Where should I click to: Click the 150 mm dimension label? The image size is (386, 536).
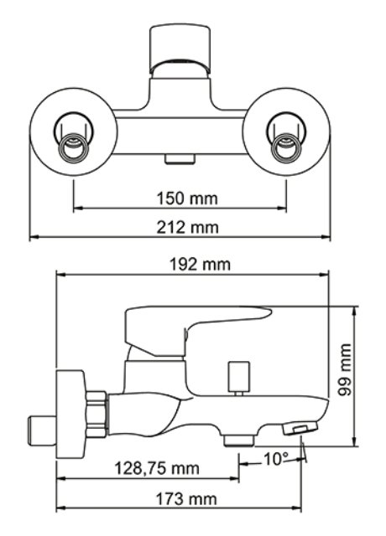(x=187, y=198)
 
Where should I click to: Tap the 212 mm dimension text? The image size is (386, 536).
(x=187, y=227)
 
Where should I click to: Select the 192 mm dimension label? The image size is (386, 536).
(x=201, y=265)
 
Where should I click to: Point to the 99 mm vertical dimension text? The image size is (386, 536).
(x=344, y=369)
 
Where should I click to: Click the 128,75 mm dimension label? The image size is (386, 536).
(x=157, y=468)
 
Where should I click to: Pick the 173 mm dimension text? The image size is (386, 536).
(x=186, y=499)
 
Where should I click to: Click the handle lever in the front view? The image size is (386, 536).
(x=180, y=49)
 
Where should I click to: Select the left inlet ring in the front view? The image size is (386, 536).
(x=73, y=147)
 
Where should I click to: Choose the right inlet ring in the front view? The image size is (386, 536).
(x=286, y=147)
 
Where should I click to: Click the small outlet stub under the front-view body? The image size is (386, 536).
(x=180, y=159)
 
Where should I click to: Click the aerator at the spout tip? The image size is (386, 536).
(x=300, y=428)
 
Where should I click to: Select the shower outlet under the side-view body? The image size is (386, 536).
(x=239, y=441)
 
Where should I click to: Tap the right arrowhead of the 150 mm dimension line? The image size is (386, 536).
(x=282, y=207)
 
